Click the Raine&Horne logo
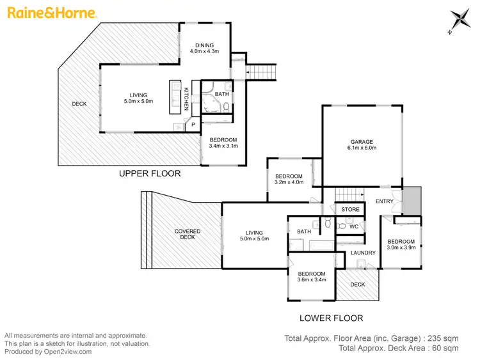(x=51, y=13)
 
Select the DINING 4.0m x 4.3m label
(x=205, y=48)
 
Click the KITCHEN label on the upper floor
(x=186, y=98)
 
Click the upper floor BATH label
(x=221, y=94)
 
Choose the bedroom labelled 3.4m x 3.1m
(x=223, y=143)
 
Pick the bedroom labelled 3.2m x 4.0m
(x=289, y=180)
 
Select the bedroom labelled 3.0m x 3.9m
(x=401, y=244)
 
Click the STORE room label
(x=350, y=209)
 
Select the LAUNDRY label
(x=363, y=253)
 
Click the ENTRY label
(x=385, y=201)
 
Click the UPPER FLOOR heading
(x=150, y=173)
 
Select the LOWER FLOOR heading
(x=332, y=318)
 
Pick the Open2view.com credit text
(x=48, y=352)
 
